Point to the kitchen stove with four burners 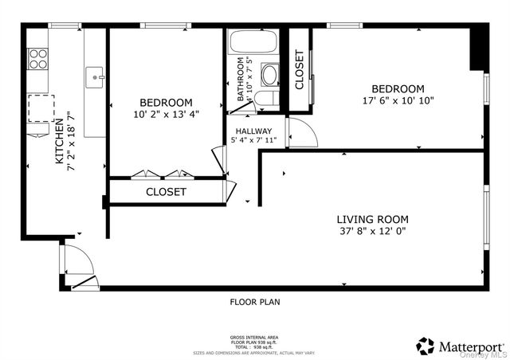click(38, 58)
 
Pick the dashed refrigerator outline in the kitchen click(41, 108)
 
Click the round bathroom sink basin click(270, 76)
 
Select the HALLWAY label click(252, 131)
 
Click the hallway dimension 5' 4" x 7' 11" click(252, 142)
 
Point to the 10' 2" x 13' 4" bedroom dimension click(166, 114)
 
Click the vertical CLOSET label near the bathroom click(300, 69)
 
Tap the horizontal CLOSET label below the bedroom click(166, 192)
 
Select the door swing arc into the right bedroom click(304, 134)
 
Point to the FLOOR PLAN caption click(255, 302)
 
